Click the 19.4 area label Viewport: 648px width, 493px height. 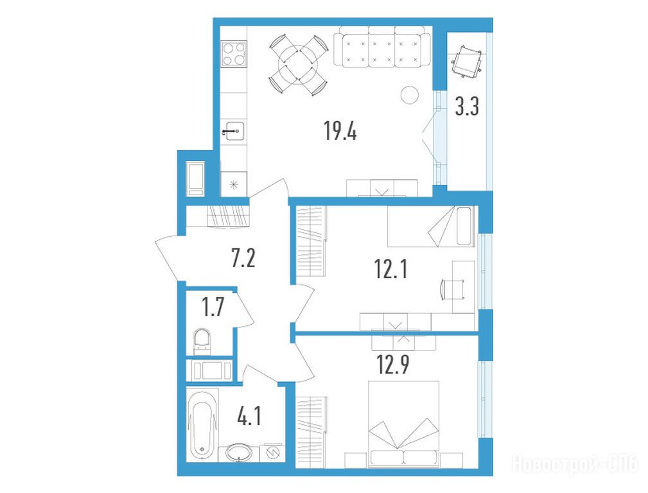pyautogui.click(x=340, y=131)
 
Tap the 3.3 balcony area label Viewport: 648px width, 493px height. pyautogui.click(x=467, y=106)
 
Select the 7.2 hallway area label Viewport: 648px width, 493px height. pyautogui.click(x=243, y=258)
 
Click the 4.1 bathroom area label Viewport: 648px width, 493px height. pyautogui.click(x=249, y=416)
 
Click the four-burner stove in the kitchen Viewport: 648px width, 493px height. pyautogui.click(x=234, y=54)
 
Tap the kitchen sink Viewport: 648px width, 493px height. pyautogui.click(x=233, y=132)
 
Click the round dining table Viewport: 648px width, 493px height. pyautogui.click(x=299, y=65)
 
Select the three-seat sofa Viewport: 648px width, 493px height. pyautogui.click(x=382, y=46)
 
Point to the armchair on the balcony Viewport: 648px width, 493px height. pyautogui.click(x=468, y=61)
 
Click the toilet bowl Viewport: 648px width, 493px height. pyautogui.click(x=202, y=342)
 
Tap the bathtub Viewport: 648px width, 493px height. pyautogui.click(x=202, y=426)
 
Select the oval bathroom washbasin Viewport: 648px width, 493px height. pyautogui.click(x=238, y=453)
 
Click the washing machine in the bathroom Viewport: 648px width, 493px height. pyautogui.click(x=272, y=453)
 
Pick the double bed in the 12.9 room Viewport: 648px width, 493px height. pyautogui.click(x=403, y=424)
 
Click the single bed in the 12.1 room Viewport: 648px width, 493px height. pyautogui.click(x=430, y=226)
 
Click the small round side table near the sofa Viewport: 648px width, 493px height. pyautogui.click(x=410, y=94)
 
